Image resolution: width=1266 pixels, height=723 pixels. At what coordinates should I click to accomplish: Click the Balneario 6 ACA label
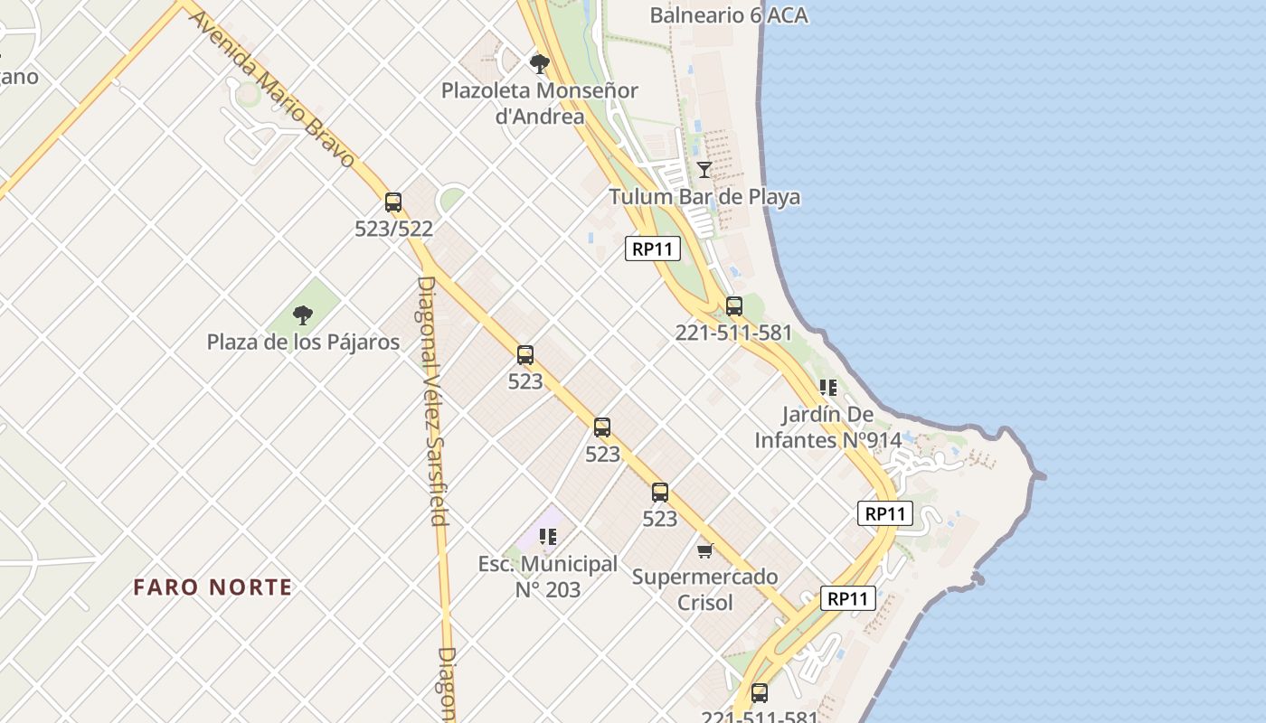729,15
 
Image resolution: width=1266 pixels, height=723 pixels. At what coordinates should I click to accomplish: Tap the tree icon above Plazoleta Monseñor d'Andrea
540,63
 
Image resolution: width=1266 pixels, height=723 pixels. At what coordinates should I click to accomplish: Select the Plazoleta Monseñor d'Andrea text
540,103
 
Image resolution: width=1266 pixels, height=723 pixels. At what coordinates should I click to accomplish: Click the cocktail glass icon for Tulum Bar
704,169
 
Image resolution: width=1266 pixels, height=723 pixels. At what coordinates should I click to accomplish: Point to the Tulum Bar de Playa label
704,197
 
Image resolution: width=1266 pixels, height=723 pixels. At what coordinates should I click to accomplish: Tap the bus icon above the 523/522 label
393,202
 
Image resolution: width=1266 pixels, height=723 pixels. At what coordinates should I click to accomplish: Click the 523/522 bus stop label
393,230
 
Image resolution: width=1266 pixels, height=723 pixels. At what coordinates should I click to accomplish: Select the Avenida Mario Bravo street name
272,89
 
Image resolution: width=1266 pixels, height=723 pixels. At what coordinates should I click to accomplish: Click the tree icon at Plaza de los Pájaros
303,315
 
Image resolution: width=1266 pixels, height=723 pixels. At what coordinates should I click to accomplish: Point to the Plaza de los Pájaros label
303,343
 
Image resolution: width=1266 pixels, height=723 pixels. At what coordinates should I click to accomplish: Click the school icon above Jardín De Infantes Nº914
827,388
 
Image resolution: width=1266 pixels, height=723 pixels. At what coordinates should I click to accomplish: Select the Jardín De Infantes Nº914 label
828,427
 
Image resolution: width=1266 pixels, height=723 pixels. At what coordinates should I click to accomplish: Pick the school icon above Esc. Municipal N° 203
547,537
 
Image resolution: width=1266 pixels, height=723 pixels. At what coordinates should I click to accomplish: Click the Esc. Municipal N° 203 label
548,577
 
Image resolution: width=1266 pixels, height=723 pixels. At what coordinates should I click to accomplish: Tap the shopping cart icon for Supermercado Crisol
705,550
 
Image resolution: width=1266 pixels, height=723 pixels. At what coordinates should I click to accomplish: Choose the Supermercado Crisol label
705,589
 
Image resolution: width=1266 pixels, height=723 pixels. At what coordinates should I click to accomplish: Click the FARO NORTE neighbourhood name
213,587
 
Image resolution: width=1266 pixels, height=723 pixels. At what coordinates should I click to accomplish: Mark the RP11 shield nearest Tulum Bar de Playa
653,249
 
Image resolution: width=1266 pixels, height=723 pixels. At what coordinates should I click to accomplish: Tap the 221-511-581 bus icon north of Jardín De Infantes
734,306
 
